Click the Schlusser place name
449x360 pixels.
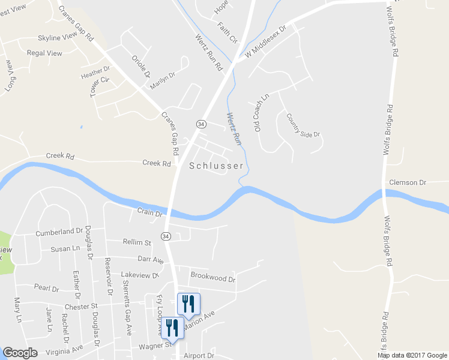click(216, 166)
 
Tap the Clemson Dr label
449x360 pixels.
click(407, 182)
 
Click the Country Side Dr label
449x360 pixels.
click(303, 126)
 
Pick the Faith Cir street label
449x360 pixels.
click(228, 32)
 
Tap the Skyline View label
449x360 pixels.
click(57, 37)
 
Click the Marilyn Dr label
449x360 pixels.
click(162, 80)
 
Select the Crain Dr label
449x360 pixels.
click(149, 212)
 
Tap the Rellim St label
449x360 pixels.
click(137, 242)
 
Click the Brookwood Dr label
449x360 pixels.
click(213, 278)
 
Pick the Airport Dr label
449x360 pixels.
click(199, 355)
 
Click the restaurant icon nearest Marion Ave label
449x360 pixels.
click(189, 304)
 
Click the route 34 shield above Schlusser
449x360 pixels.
click(201, 124)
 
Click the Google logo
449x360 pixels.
click(20, 353)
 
